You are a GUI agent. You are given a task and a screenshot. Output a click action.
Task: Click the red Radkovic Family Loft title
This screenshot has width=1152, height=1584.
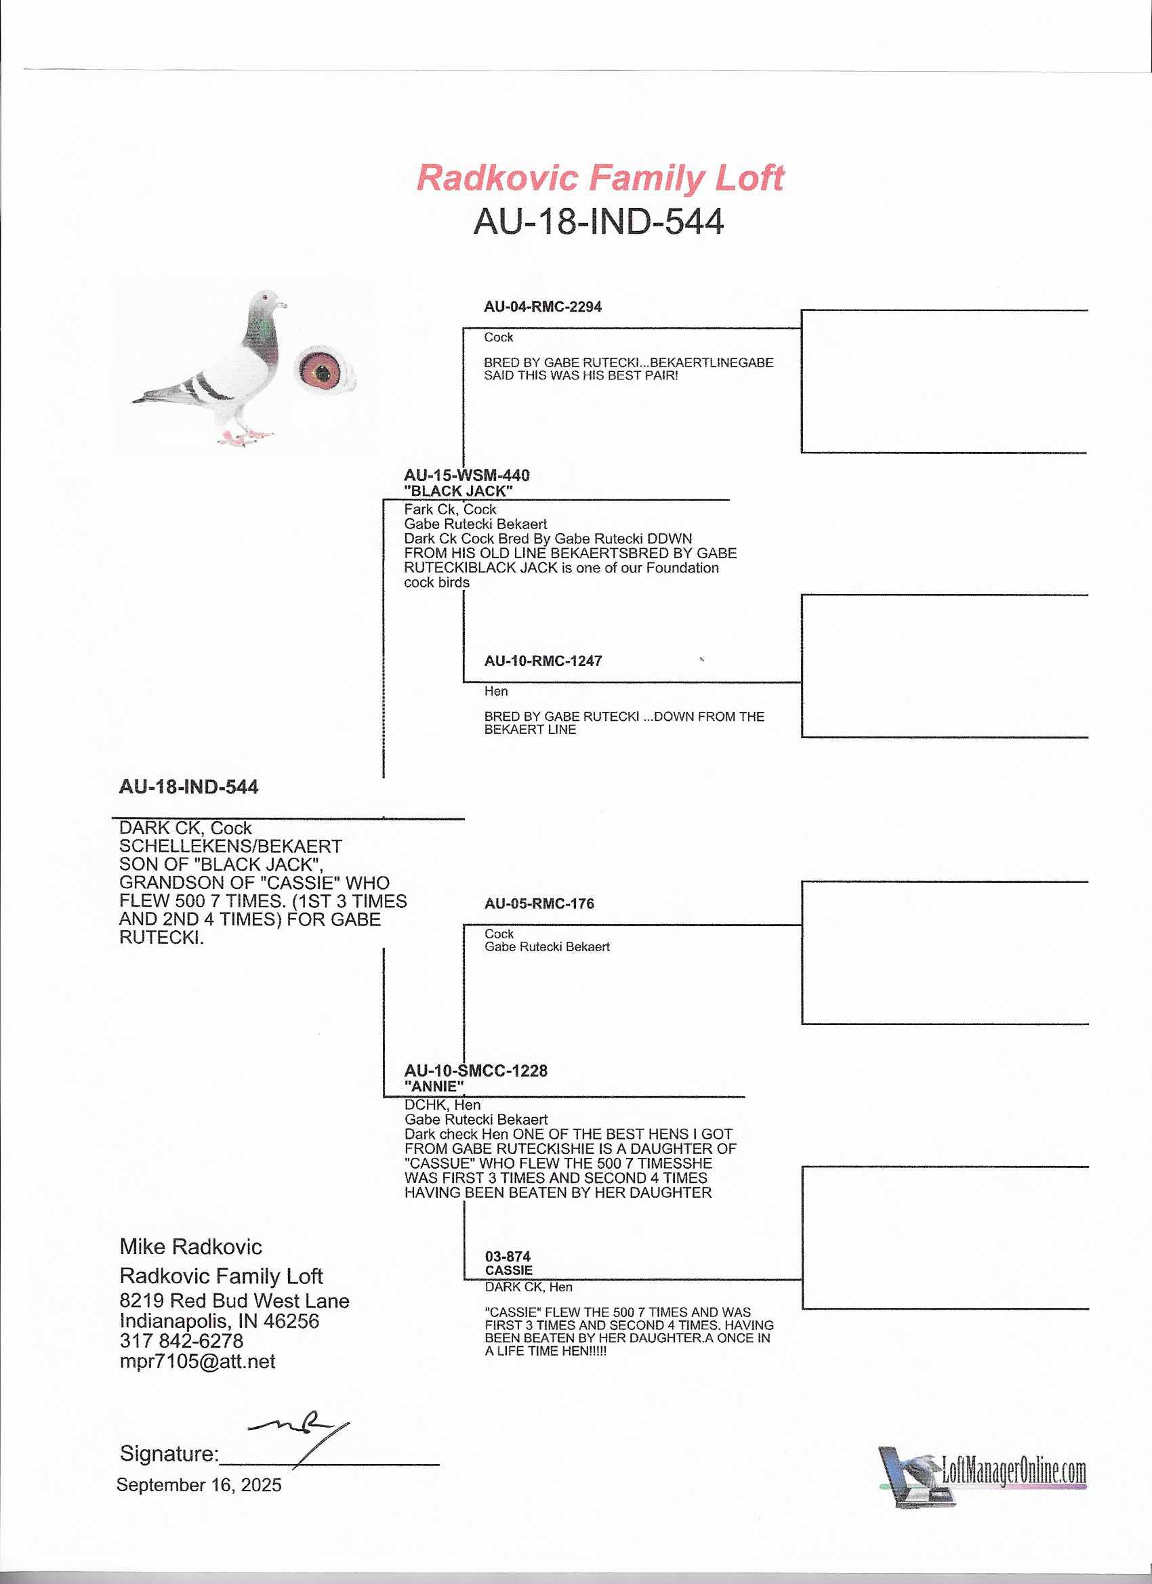[x=600, y=178]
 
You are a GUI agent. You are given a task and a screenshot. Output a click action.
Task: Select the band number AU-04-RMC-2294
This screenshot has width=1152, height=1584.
[x=542, y=307]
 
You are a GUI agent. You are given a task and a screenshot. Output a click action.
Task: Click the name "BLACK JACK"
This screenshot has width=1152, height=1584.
[x=457, y=491]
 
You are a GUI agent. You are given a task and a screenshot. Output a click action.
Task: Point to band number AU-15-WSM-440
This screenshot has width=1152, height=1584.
[x=467, y=476]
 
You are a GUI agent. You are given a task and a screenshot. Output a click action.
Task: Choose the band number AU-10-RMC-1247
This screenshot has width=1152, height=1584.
[x=543, y=661]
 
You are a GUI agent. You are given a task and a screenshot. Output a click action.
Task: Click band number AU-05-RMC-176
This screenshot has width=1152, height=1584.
[x=539, y=904]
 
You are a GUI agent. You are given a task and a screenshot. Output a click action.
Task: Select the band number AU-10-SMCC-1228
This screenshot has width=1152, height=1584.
[x=476, y=1070]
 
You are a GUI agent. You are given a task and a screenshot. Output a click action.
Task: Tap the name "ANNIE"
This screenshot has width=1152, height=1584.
[x=434, y=1086]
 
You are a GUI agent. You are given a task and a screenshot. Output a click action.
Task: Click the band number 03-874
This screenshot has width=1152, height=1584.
[x=507, y=1257]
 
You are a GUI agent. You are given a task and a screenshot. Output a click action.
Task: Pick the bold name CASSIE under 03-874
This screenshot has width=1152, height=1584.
[x=509, y=1270]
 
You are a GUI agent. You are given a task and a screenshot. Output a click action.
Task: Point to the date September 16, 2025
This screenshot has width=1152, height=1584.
[x=199, y=1485]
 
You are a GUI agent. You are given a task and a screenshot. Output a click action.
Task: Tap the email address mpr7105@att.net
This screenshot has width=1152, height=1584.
[x=198, y=1361]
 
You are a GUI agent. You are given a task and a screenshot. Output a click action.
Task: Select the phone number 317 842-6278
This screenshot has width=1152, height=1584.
[x=182, y=1341]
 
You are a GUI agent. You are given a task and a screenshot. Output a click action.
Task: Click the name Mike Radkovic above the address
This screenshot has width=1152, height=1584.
[x=190, y=1247]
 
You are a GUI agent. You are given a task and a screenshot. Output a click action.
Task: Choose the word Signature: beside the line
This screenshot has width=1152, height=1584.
[x=169, y=1453]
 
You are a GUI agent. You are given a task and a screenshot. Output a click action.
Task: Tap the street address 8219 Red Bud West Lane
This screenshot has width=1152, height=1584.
[x=234, y=1300]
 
